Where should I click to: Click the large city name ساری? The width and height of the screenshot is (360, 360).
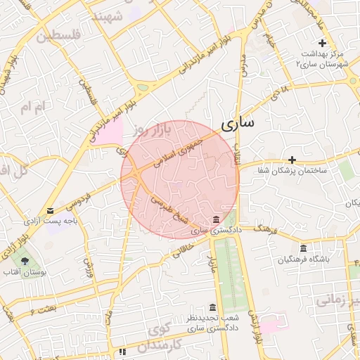(x=238, y=124)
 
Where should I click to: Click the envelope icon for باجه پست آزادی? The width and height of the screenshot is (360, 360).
(x=50, y=210)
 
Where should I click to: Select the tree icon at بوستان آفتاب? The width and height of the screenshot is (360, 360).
(x=25, y=261)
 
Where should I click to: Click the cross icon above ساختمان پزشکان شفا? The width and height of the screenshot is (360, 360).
(x=292, y=160)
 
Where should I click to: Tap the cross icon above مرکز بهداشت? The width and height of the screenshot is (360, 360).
(x=322, y=44)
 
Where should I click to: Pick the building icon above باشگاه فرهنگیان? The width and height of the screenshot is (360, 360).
(x=303, y=249)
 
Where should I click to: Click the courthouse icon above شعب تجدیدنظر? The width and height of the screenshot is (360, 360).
(x=212, y=307)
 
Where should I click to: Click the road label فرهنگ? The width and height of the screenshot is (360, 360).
(x=266, y=229)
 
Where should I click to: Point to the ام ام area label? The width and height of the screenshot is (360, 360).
(x=32, y=106)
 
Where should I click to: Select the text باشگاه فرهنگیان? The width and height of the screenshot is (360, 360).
(x=304, y=260)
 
